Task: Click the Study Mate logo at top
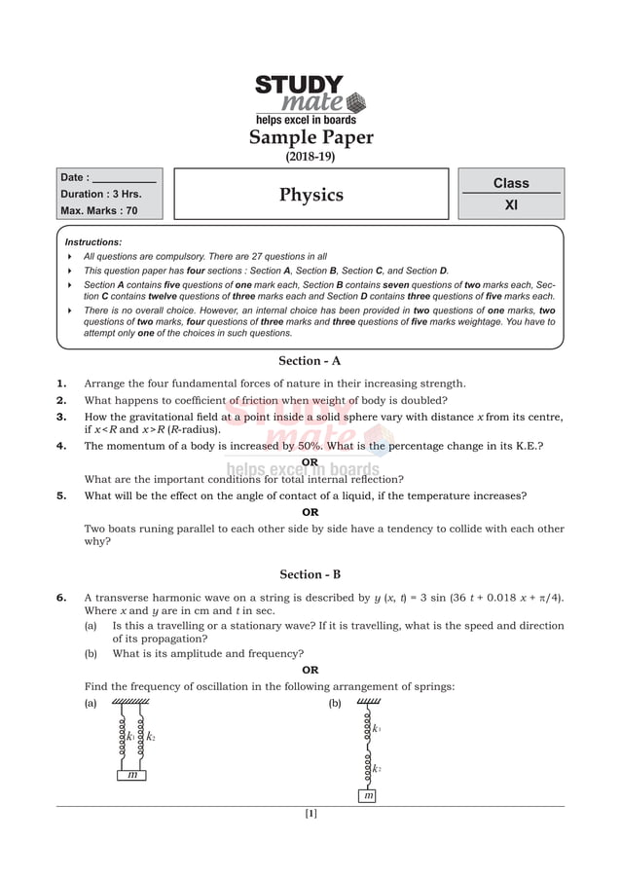[310, 98]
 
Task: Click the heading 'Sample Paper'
[310, 137]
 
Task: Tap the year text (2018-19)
[310, 157]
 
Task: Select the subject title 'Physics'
[310, 195]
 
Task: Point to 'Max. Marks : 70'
[98, 210]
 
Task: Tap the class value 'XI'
[511, 205]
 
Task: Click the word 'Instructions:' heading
[93, 241]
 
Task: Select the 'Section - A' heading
[310, 361]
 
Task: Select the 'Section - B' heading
[310, 574]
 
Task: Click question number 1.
[61, 384]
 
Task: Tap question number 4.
[61, 446]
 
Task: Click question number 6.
[61, 598]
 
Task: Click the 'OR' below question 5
[310, 512]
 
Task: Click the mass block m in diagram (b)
[368, 795]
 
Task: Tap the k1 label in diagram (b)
[377, 728]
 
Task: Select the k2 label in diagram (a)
[151, 737]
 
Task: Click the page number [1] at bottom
[310, 814]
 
